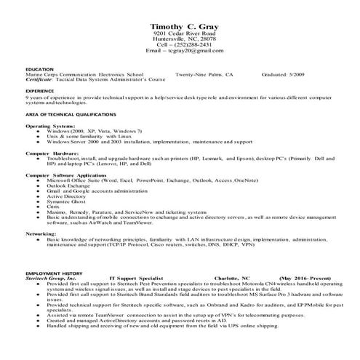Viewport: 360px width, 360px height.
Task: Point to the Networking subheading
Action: tap(41, 233)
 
